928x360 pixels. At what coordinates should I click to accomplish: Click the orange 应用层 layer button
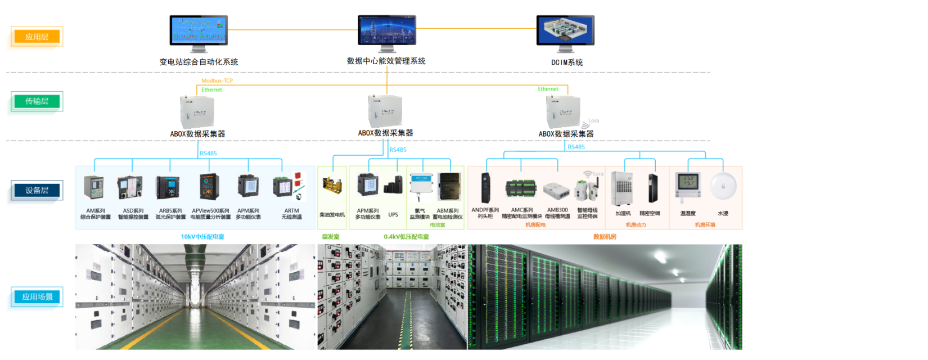click(37, 37)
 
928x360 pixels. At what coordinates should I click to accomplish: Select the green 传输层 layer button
click(37, 101)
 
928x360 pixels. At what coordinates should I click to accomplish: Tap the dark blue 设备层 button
click(37, 190)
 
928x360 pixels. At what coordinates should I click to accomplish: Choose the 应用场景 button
click(37, 296)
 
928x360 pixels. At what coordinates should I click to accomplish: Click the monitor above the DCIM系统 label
click(565, 31)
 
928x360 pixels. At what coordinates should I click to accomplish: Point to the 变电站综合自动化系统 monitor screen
click(199, 30)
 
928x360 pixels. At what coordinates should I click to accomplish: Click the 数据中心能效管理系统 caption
click(386, 61)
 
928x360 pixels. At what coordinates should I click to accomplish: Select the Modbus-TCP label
click(217, 80)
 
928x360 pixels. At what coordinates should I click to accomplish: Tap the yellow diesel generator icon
click(332, 186)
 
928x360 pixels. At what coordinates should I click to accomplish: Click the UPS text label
click(393, 214)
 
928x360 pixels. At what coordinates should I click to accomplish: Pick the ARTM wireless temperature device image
click(289, 187)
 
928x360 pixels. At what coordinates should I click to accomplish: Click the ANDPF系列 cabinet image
click(485, 188)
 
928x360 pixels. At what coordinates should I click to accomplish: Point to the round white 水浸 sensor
click(723, 186)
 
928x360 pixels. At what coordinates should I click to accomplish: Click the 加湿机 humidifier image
click(622, 188)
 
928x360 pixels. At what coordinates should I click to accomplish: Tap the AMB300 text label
click(557, 210)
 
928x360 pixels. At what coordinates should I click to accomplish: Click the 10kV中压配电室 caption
click(202, 237)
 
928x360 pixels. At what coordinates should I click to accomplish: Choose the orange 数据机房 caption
click(605, 237)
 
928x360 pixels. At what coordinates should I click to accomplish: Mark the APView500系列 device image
click(209, 186)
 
